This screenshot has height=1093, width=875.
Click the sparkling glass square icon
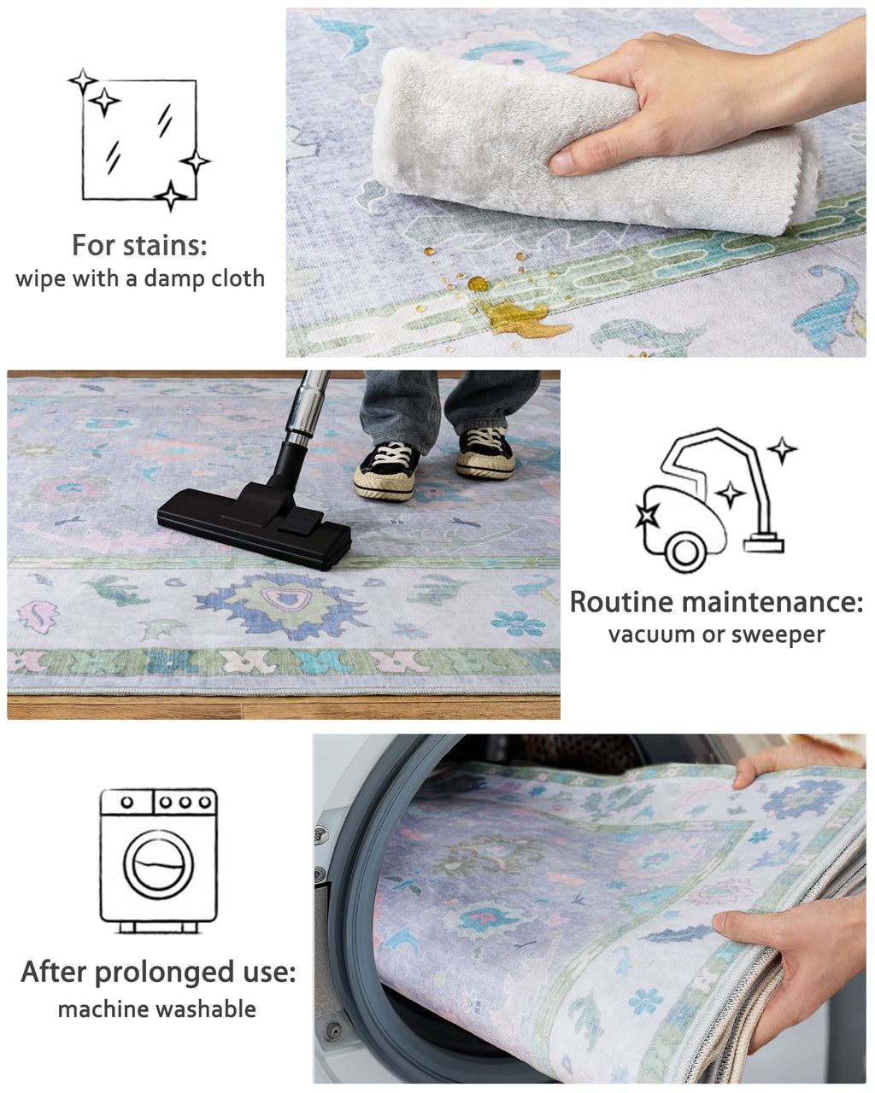click(139, 140)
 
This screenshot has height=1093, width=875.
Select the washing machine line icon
click(158, 859)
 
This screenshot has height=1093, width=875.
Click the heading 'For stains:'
click(139, 246)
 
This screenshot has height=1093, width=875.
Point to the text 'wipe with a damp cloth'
click(139, 278)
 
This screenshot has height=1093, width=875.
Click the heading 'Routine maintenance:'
click(716, 602)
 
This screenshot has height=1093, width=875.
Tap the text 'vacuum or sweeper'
click(716, 634)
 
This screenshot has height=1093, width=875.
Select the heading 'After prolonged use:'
click(158, 972)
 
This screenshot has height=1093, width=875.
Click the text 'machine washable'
click(157, 1009)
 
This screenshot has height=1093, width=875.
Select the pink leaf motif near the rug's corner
click(38, 616)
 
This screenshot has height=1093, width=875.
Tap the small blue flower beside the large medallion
click(518, 622)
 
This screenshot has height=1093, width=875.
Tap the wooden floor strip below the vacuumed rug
click(282, 707)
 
